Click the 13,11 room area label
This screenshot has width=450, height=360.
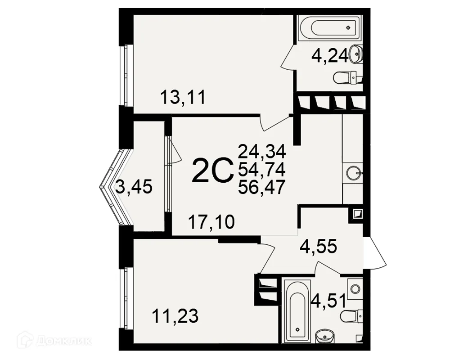pos(183,97)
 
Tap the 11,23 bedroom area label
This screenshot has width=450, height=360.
pos(175,316)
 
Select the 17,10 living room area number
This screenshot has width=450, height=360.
pos(211,222)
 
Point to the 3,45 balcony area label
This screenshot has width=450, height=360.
pos(134,187)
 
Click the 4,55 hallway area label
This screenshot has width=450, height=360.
pos(318,246)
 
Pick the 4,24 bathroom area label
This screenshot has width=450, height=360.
pos(330,55)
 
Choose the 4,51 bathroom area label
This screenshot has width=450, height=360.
pos(329,301)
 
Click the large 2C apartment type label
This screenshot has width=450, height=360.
pos(213,171)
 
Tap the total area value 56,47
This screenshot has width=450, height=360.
pos(262,187)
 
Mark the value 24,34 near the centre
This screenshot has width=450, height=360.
pos(262,151)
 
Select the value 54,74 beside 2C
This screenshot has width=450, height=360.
pos(262,169)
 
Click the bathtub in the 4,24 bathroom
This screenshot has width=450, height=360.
pos(328,28)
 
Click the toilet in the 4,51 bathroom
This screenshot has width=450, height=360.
pos(351,316)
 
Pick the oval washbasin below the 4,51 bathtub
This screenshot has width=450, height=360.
pos(324,336)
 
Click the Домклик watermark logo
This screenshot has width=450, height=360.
pos(54,341)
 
